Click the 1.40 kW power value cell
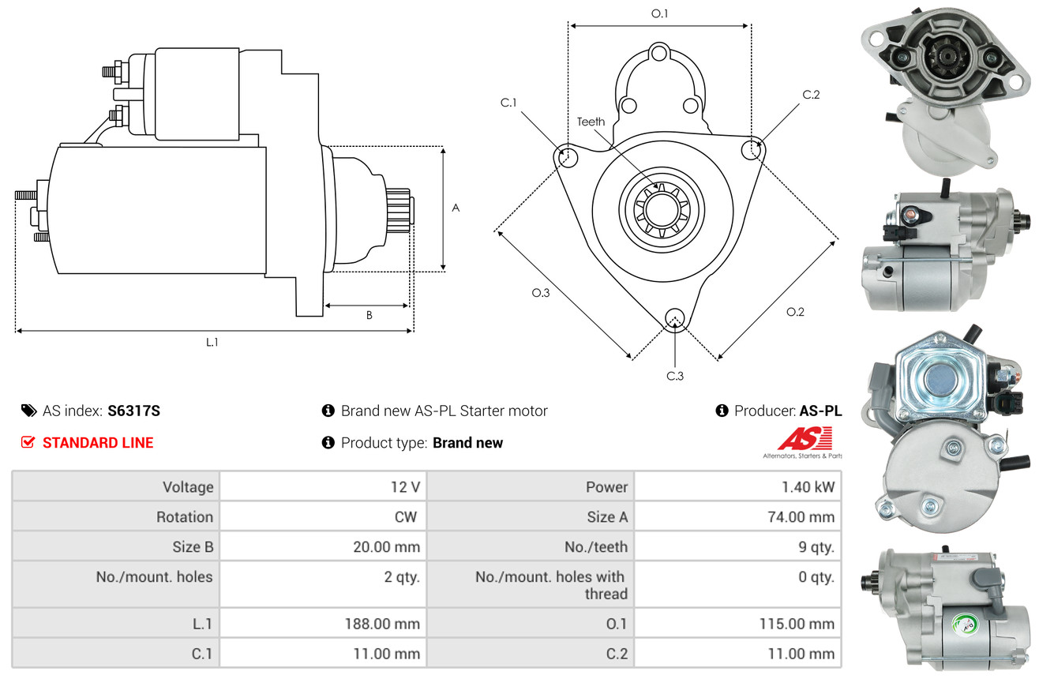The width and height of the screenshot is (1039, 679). [x=808, y=487]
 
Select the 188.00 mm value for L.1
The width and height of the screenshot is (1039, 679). [x=382, y=624]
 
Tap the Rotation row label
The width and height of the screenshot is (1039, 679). [x=185, y=516]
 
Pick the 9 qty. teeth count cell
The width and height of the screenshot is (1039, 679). [x=816, y=547]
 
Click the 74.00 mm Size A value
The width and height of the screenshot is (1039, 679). [x=801, y=516]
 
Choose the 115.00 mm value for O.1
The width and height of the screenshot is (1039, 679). [x=797, y=624]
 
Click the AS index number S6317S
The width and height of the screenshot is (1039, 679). [x=133, y=411]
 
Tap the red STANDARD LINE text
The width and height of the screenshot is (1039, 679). [x=98, y=443]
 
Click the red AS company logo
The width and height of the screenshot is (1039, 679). [x=805, y=439]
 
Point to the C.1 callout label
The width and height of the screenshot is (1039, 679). [x=508, y=103]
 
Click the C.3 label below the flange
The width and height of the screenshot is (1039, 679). [x=675, y=376]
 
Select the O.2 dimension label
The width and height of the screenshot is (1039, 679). [x=795, y=312]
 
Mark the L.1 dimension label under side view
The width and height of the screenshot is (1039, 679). [x=212, y=343]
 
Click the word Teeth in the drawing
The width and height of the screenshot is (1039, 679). [x=591, y=122]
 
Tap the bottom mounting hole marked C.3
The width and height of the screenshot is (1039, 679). [x=675, y=319]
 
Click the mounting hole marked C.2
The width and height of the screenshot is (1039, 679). [x=752, y=149]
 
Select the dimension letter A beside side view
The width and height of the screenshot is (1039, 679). [x=456, y=208]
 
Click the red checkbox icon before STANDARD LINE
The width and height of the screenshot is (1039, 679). [x=28, y=442]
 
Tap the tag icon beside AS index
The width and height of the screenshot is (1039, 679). [x=28, y=411]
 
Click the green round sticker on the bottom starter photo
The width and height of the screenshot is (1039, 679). [x=966, y=625]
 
